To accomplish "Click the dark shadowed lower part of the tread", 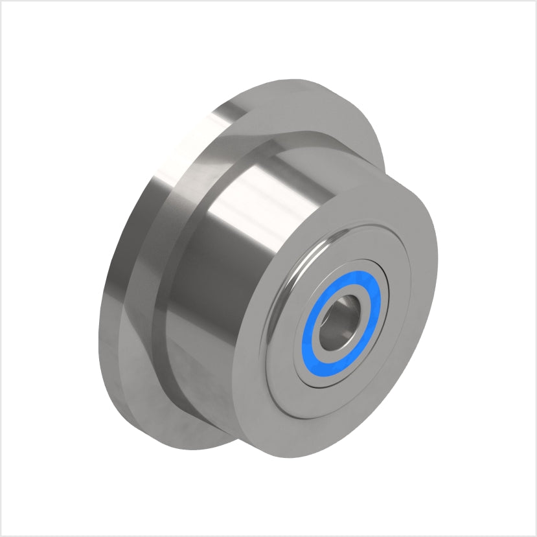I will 214,363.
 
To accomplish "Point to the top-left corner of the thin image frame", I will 2,2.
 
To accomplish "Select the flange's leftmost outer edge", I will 100,324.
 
